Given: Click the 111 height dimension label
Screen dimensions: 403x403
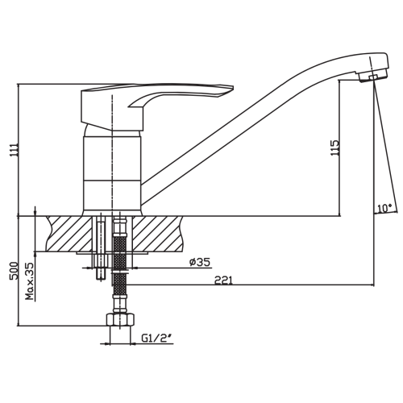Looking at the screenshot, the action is point(14,152).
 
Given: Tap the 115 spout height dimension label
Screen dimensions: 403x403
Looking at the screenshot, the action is point(335,148).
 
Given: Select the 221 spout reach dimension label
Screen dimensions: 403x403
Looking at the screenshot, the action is point(223,280).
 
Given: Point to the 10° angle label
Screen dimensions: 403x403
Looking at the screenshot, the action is point(384,208).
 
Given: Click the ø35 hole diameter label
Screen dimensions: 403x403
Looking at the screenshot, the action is point(200,262).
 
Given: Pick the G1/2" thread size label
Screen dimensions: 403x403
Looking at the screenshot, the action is point(156,339).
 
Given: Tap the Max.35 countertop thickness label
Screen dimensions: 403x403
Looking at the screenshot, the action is point(30,281).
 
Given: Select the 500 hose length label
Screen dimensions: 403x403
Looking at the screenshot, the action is point(14,271).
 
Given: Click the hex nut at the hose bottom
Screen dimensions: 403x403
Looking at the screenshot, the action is point(120,320).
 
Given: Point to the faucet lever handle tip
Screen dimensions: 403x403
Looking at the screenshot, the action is point(231,88).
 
